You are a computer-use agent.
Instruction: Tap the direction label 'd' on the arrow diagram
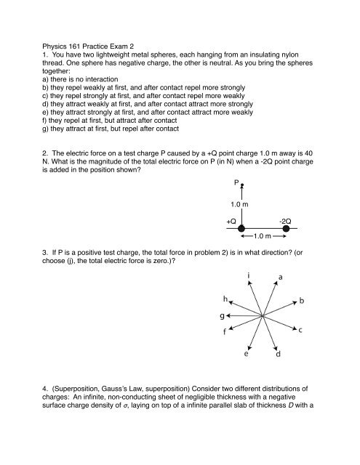(x=278, y=376)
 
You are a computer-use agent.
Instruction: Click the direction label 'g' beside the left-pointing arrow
(x=220, y=336)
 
